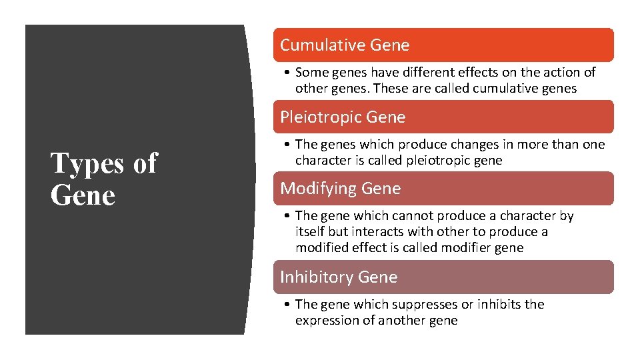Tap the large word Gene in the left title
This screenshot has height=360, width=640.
tap(83, 195)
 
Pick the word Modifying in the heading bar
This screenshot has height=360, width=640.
tap(318, 189)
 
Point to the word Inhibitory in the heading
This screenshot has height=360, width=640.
tap(316, 277)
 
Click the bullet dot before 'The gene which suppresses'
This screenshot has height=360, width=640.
tap(285, 305)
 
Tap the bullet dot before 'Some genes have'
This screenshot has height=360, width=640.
tap(285, 73)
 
